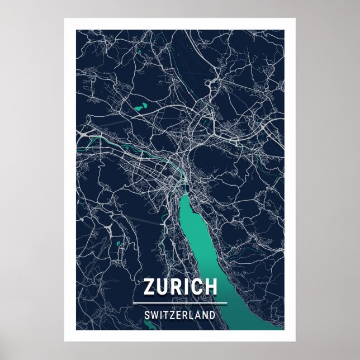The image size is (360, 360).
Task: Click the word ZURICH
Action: (x=180, y=286)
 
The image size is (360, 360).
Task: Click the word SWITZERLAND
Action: (x=180, y=315)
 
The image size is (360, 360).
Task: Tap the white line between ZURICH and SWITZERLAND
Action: (x=180, y=304)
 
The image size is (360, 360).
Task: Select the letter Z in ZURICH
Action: (x=150, y=286)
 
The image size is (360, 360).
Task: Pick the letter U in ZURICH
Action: (x=164, y=286)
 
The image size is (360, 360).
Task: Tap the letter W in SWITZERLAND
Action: (x=154, y=315)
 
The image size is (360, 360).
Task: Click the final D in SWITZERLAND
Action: (x=212, y=315)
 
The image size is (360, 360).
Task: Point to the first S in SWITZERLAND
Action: (x=147, y=315)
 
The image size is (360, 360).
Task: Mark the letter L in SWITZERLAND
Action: (x=192, y=315)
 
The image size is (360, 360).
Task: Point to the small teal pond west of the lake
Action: (x=118, y=243)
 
